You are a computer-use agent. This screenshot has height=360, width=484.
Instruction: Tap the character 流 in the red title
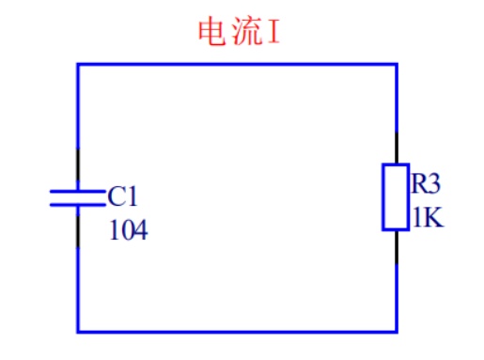[247, 31]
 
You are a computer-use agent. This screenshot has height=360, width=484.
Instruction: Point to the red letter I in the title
[273, 32]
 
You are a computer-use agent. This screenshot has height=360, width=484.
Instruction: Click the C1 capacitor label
[122, 196]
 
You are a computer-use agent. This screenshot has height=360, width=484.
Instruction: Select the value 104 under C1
[129, 229]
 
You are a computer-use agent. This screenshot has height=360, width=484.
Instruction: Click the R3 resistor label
[426, 183]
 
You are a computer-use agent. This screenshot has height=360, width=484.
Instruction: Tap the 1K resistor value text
[429, 217]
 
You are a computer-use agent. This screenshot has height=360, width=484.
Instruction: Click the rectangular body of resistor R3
[396, 197]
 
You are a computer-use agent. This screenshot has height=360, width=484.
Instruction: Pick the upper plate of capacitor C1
[78, 191]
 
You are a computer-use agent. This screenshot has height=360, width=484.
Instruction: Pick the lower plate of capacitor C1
[78, 205]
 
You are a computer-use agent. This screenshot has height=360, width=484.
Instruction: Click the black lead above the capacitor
[78, 164]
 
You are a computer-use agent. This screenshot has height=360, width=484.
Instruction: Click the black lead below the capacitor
[78, 230]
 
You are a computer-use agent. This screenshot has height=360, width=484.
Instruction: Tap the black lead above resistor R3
[397, 148]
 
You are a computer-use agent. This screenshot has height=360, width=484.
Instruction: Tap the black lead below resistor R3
[397, 247]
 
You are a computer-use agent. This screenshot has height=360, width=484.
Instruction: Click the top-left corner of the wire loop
[78, 65]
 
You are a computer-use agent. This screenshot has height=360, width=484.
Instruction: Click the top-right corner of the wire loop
[397, 65]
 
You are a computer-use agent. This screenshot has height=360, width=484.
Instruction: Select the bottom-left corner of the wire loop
[78, 331]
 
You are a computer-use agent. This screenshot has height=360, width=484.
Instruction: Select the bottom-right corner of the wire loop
[397, 331]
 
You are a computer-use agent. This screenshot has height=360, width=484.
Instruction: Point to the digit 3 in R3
[434, 183]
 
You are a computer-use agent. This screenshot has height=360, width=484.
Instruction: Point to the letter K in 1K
[433, 217]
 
